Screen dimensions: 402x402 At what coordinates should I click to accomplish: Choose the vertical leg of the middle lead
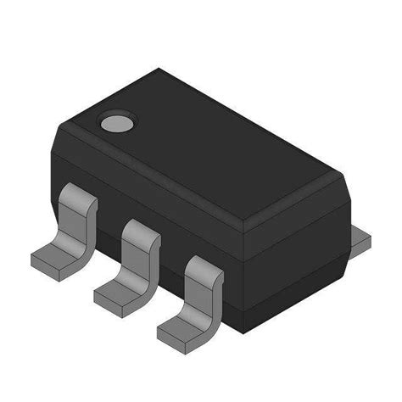coord(139,259)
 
